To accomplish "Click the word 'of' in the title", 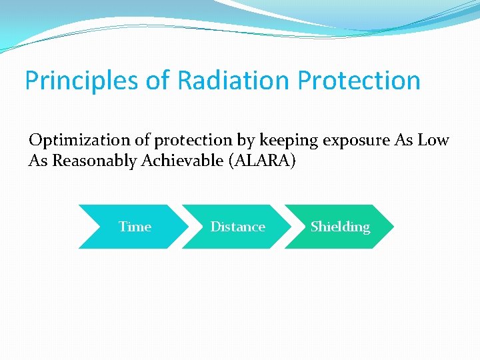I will [x=157, y=81].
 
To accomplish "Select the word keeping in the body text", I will [x=267, y=141].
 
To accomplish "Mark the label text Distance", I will [x=237, y=227].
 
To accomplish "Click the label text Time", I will [x=135, y=227].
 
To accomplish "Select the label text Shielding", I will [x=340, y=227].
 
